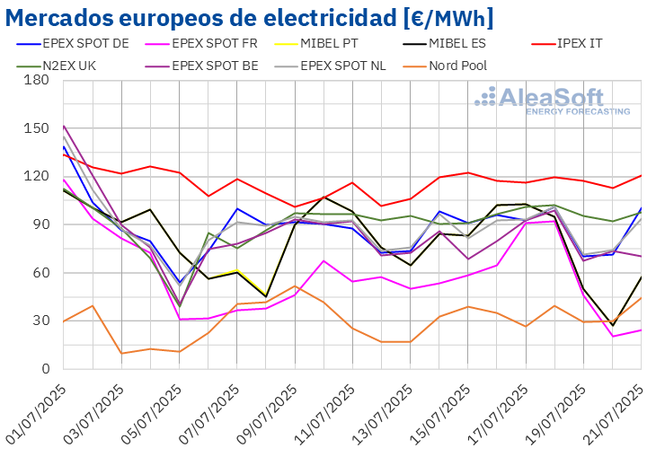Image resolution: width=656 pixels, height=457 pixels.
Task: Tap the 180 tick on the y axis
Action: [37, 80]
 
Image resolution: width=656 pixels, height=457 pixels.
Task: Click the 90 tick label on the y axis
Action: [40, 224]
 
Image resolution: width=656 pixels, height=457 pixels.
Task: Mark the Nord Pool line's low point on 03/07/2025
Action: [121, 353]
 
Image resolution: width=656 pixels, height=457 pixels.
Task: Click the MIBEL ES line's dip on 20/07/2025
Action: [613, 324]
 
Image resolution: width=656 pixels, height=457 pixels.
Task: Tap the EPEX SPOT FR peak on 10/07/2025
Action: [324, 261]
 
